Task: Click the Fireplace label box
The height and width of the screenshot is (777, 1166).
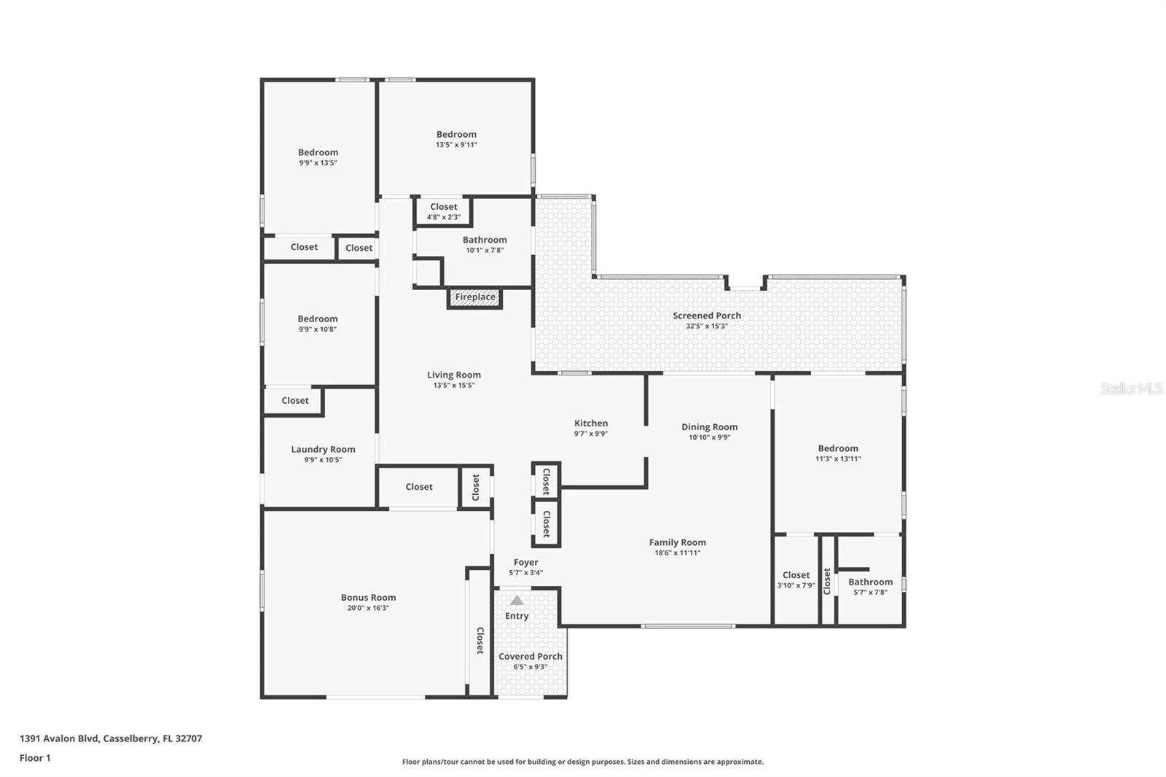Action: pos(474,297)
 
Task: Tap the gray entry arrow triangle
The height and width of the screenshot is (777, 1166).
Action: pos(517,601)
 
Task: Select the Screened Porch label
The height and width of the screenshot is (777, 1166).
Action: pos(707,316)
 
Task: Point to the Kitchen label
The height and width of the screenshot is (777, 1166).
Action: pos(591,423)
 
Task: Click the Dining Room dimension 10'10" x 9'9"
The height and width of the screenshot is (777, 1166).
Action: pos(710,437)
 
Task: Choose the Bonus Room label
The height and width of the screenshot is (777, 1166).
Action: pos(369,598)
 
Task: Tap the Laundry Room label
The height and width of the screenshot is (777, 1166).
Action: pos(324,450)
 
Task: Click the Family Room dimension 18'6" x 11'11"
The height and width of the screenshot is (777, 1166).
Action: pos(678,553)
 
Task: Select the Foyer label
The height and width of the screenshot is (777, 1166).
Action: pos(525,563)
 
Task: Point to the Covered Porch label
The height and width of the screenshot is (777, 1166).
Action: pos(531,657)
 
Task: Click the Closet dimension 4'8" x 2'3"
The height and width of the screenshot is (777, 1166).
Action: pos(444,217)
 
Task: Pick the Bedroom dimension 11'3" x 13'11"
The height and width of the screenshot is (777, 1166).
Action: pos(838,458)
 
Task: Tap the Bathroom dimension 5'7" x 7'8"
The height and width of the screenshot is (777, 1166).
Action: pos(870,593)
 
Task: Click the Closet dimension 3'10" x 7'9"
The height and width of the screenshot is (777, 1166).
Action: pos(796,585)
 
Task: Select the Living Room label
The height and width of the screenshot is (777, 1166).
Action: pos(454,375)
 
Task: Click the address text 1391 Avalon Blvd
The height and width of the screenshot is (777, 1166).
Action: pos(59,738)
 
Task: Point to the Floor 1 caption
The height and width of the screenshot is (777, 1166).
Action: pos(35,758)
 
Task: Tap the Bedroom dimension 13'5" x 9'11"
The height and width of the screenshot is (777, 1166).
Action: pos(456,145)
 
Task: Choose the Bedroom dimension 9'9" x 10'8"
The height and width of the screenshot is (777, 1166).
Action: pos(318,329)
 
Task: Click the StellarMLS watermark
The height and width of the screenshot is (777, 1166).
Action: pos(1132,388)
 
